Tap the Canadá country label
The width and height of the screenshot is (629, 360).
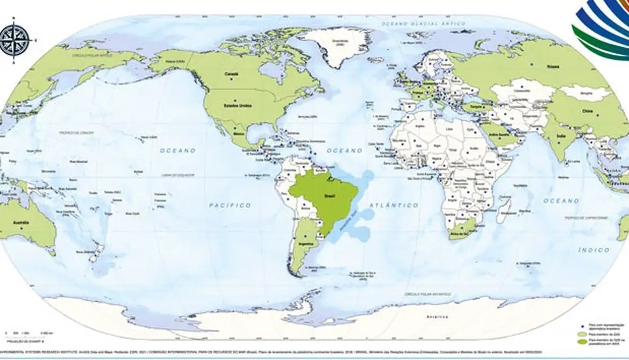[x=231, y=74]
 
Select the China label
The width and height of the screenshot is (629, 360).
[x=586, y=111]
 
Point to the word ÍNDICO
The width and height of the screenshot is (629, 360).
[x=594, y=250]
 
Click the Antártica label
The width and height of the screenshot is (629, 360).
[x=435, y=317]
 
